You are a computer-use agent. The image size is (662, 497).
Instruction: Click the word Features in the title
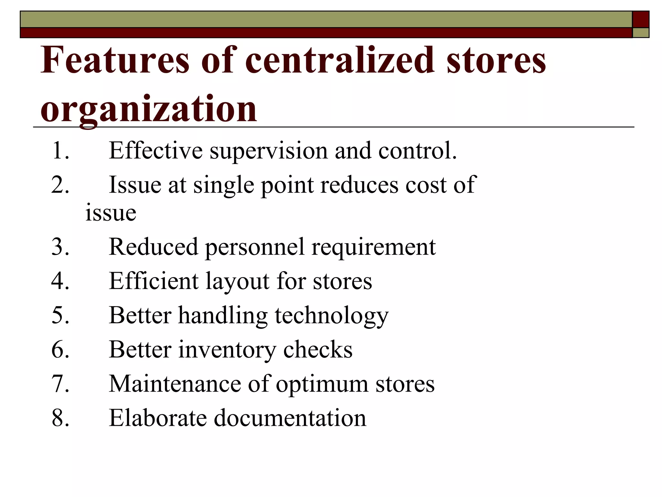click(115, 60)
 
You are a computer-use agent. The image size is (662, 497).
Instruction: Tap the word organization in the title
click(149, 109)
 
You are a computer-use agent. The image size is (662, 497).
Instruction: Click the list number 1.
click(60, 150)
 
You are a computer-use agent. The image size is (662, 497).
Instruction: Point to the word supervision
click(269, 151)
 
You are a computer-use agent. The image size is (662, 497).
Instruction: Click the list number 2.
click(60, 185)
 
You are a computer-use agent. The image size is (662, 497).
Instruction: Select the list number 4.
click(60, 281)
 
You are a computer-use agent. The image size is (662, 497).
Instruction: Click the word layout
click(237, 282)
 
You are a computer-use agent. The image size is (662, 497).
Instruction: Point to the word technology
click(331, 316)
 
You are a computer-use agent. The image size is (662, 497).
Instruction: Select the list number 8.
click(60, 418)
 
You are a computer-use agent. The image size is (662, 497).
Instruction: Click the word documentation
click(290, 418)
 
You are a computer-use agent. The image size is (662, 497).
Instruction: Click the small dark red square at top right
click(640, 19)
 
